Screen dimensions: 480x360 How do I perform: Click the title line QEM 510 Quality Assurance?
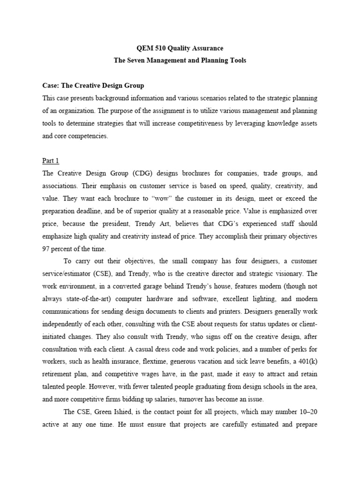click(x=180, y=48)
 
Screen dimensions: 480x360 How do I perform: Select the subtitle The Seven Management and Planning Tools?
click(x=180, y=60)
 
